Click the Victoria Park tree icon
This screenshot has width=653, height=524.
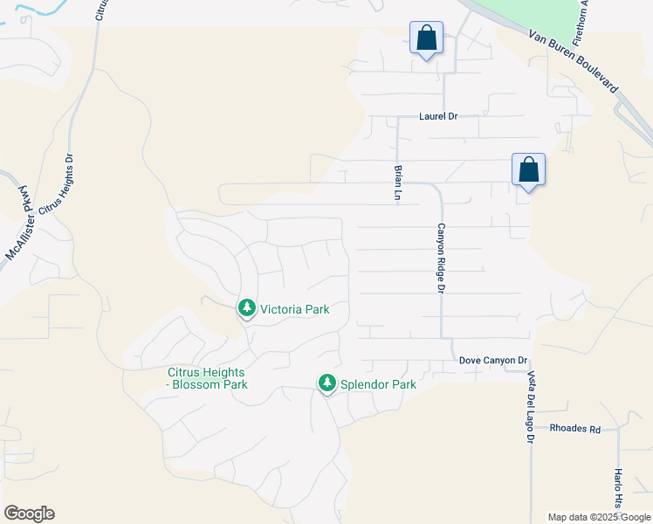click(247, 308)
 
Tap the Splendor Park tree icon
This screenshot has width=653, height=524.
click(327, 383)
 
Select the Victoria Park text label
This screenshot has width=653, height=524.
click(294, 309)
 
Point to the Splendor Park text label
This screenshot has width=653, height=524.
click(378, 384)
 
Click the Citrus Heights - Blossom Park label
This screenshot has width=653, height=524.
click(208, 378)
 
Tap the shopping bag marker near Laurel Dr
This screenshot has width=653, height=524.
click(426, 38)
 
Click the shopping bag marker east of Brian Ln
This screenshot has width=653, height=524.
click(528, 169)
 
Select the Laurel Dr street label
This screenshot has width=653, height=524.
click(438, 116)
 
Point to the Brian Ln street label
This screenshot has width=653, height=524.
click(398, 183)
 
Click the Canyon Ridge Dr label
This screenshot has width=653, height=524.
click(442, 258)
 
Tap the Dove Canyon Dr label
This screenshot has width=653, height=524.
click(494, 361)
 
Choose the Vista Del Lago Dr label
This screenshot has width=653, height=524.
click(530, 407)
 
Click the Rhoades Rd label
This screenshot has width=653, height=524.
click(575, 429)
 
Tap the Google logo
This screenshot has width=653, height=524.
click(29, 514)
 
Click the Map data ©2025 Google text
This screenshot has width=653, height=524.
click(599, 517)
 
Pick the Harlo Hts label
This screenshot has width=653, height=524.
click(617, 489)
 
